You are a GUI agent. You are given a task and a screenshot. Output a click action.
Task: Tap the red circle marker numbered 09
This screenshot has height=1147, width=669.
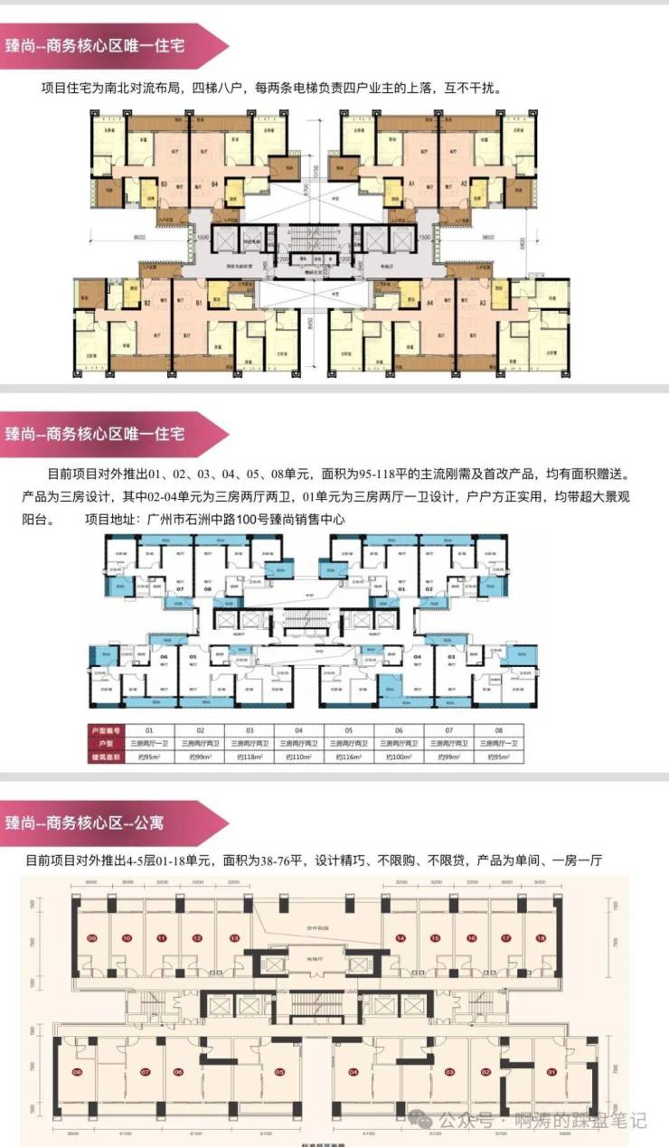[x=91, y=938]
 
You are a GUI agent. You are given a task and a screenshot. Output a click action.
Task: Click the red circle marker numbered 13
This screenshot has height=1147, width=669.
[x=234, y=938]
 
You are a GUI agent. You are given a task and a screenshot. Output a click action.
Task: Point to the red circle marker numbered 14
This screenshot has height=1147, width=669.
[x=400, y=938]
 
